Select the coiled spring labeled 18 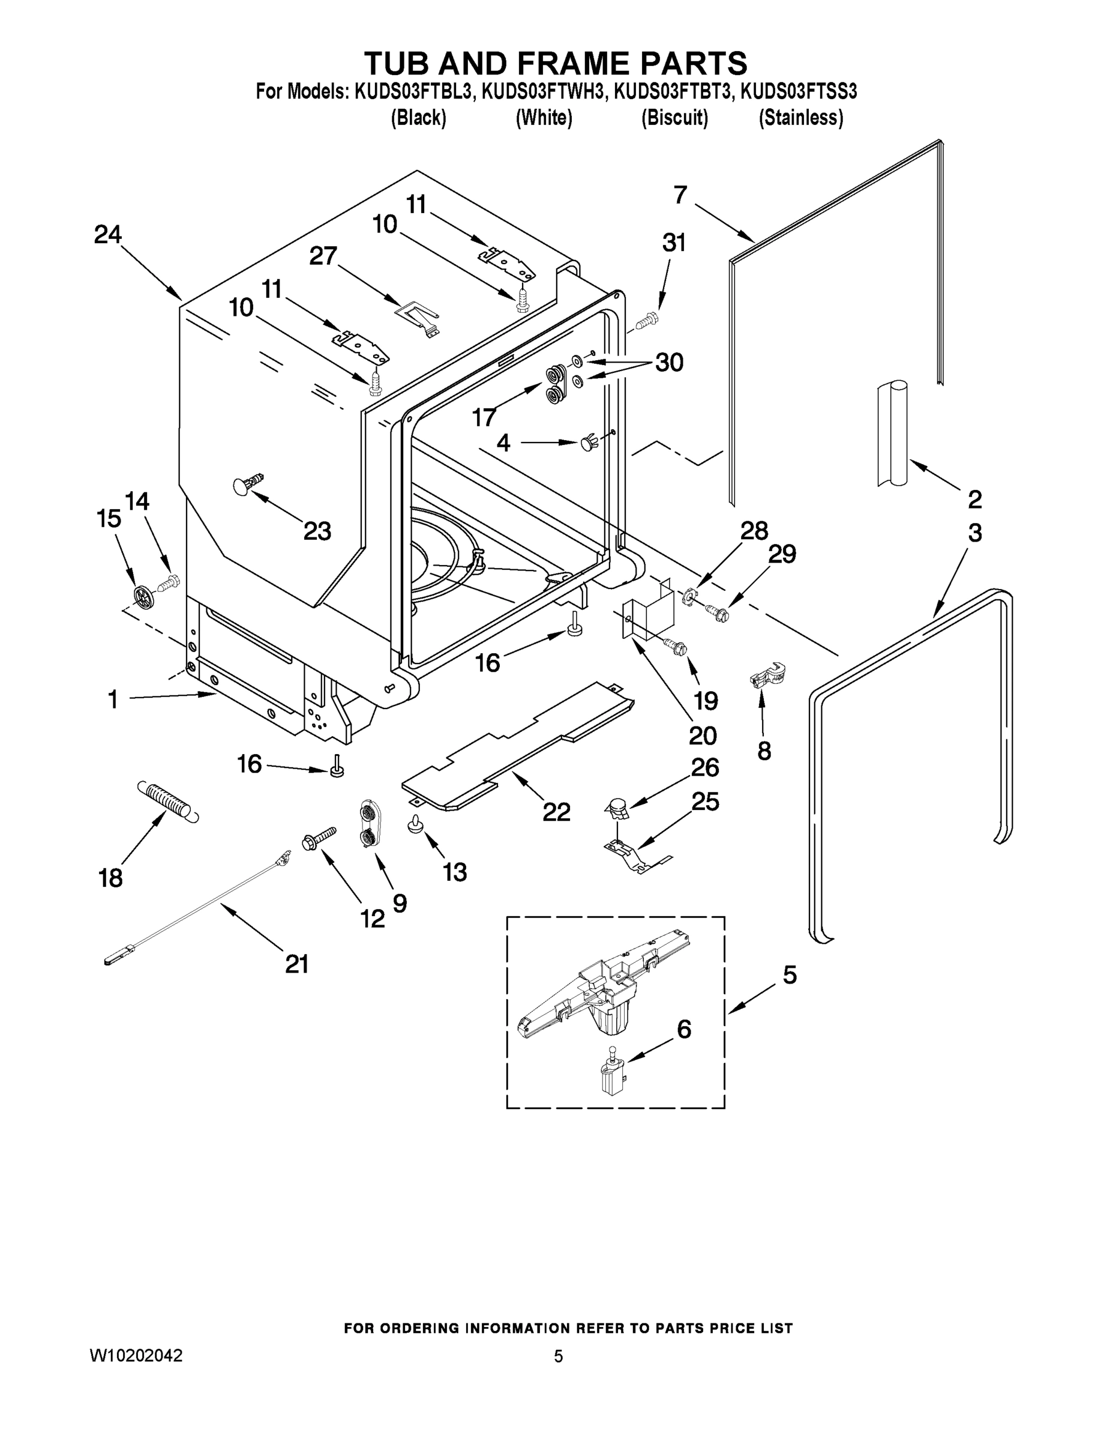pyautogui.click(x=167, y=800)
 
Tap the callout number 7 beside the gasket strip pyautogui.click(x=680, y=195)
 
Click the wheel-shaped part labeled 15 pyautogui.click(x=142, y=595)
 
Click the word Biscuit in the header pyautogui.click(x=674, y=118)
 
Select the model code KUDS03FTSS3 pyautogui.click(x=799, y=92)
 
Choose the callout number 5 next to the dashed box pyautogui.click(x=789, y=974)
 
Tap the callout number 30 pyautogui.click(x=668, y=362)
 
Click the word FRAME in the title pyautogui.click(x=572, y=63)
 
